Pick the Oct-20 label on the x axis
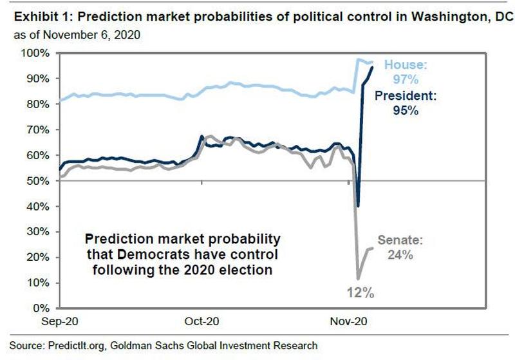[202, 320]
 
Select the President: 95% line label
[406, 103]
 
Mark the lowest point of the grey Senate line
[358, 278]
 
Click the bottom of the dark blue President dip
[358, 206]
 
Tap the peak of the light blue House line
[359, 60]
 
